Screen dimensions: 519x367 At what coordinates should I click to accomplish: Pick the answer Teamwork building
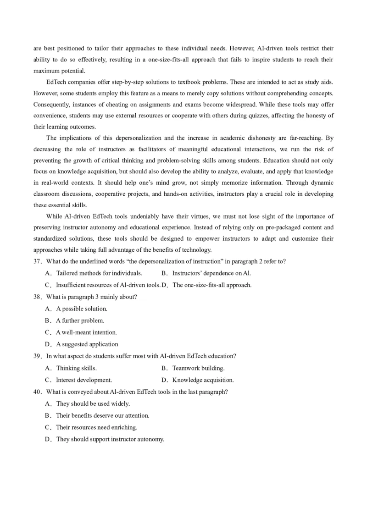pos(198,368)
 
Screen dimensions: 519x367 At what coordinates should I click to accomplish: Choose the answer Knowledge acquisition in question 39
pos(203,380)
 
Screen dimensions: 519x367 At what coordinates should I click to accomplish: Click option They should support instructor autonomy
pos(110,439)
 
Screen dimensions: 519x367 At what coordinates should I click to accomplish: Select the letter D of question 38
pos(48,344)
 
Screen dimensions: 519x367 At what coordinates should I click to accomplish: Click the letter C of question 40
pos(48,427)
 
